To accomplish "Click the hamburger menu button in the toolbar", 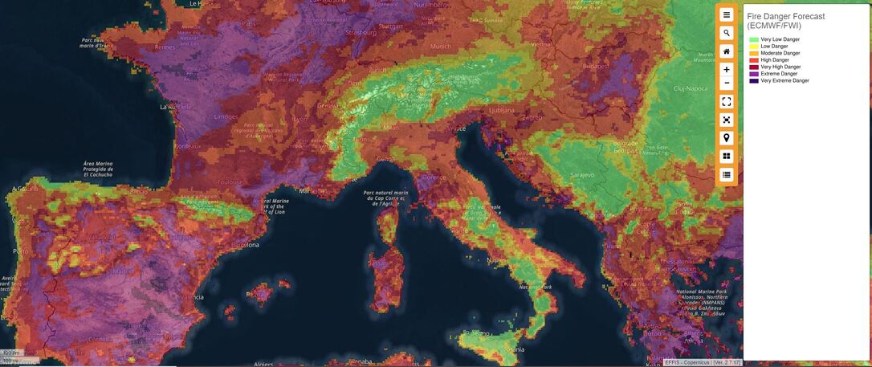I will tap(727, 14).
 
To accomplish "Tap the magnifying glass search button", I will tap(727, 33).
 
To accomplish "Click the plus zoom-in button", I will tap(727, 70).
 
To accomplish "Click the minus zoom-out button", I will tap(727, 84).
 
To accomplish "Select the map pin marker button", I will tap(727, 138).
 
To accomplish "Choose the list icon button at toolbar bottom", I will tap(727, 174).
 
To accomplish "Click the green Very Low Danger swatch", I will tap(753, 39).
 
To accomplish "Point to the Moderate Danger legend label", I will tap(780, 53).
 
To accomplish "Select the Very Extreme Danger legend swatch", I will tap(753, 81).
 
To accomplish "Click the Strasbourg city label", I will tap(361, 32).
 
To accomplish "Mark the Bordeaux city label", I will tap(187, 146).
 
